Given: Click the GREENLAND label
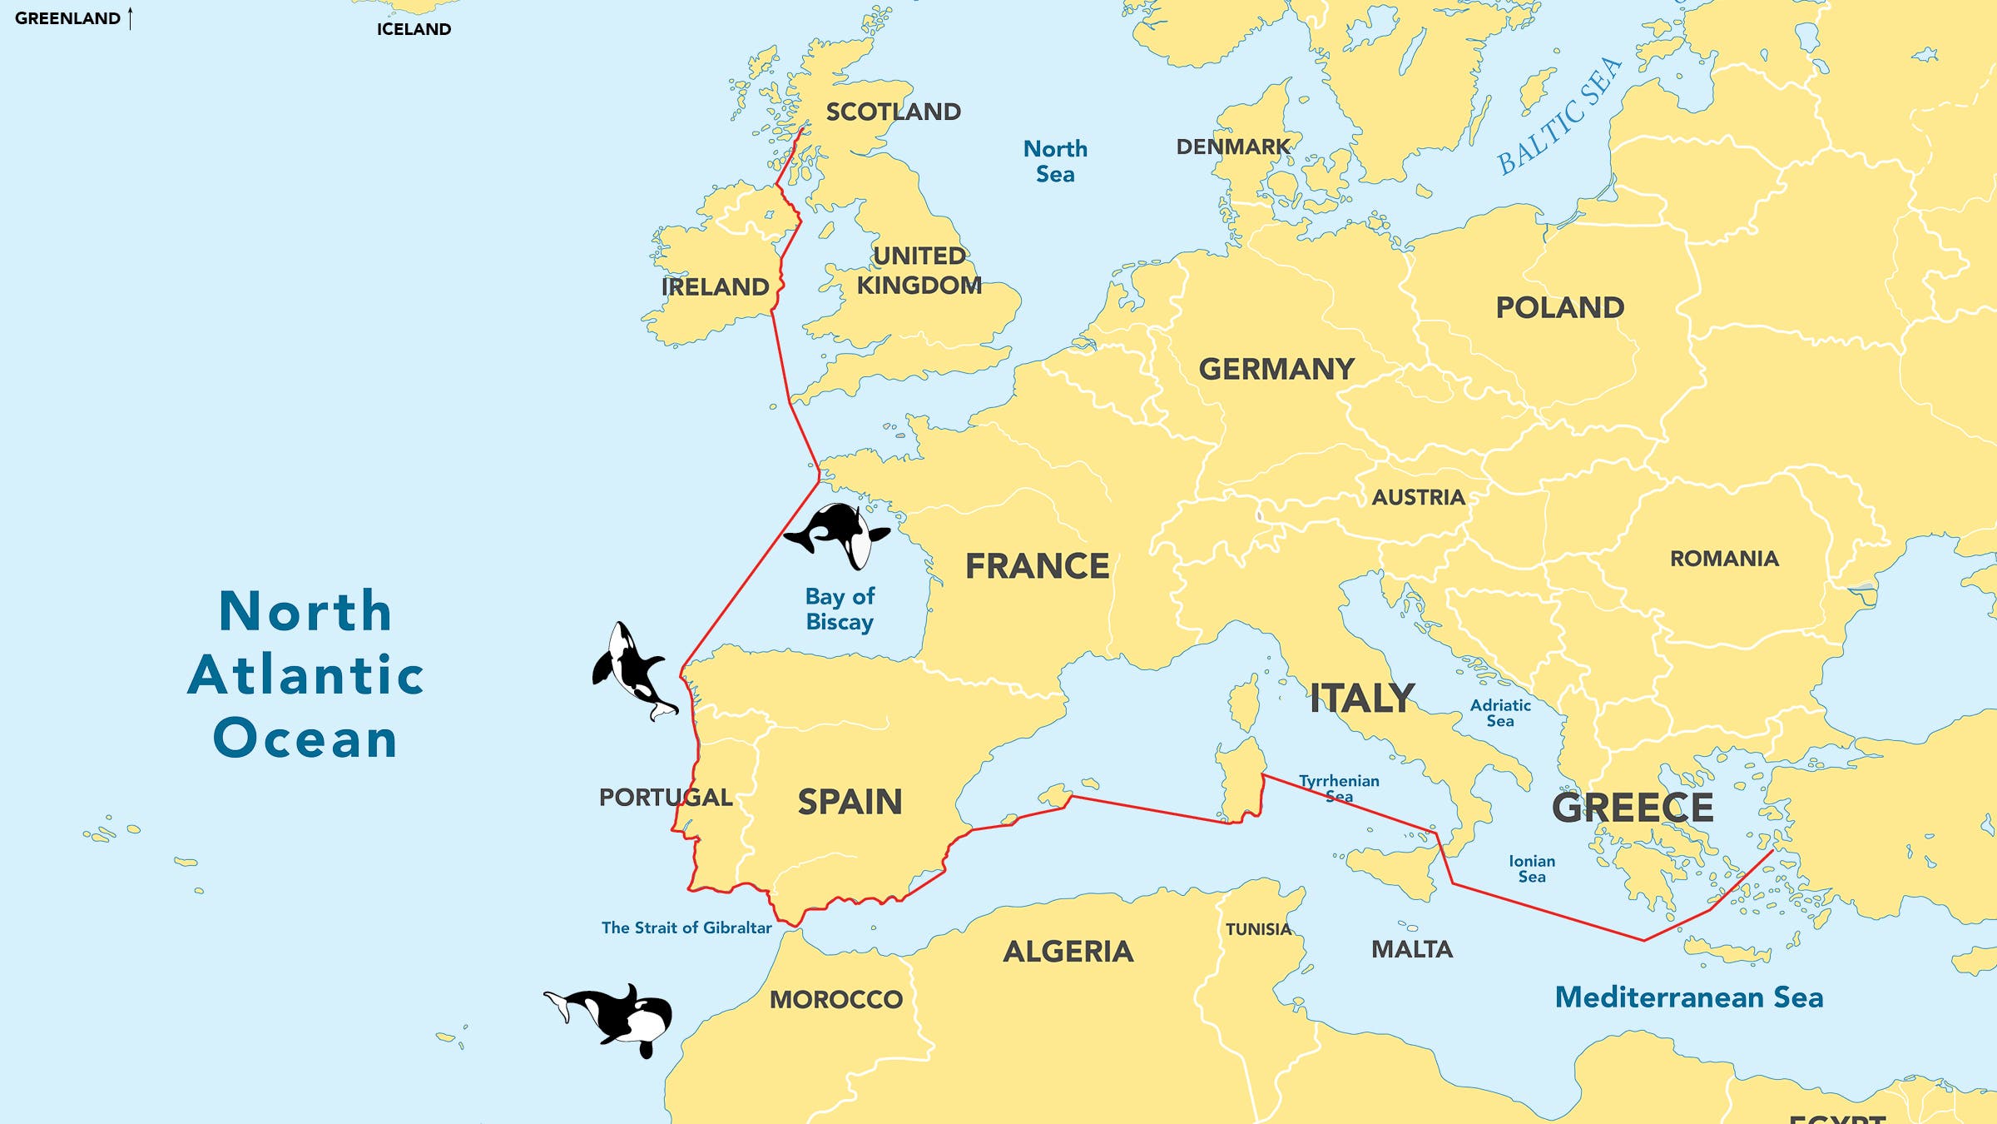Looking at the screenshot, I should click(67, 18).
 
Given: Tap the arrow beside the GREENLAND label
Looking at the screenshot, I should click(131, 18).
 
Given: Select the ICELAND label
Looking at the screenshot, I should click(414, 29).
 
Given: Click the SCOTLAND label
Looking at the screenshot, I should click(893, 112).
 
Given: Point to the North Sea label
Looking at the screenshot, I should click(1055, 162).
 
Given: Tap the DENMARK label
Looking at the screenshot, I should click(1232, 147).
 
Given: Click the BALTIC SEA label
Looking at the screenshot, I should click(1559, 116).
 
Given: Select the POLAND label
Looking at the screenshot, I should click(1559, 307).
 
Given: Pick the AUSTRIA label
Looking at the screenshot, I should click(1418, 497).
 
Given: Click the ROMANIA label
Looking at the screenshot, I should click(1724, 559).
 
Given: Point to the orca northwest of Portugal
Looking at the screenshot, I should click(632, 669).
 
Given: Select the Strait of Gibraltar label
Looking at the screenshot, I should click(686, 928).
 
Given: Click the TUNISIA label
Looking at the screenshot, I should click(1257, 929).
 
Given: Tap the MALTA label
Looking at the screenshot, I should click(1411, 949).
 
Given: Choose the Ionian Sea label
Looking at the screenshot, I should click(1532, 868).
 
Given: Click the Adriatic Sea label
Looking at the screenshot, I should click(1500, 713).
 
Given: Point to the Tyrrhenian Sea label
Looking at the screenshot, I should click(1339, 788).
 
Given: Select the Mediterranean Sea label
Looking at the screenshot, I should click(1688, 997).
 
